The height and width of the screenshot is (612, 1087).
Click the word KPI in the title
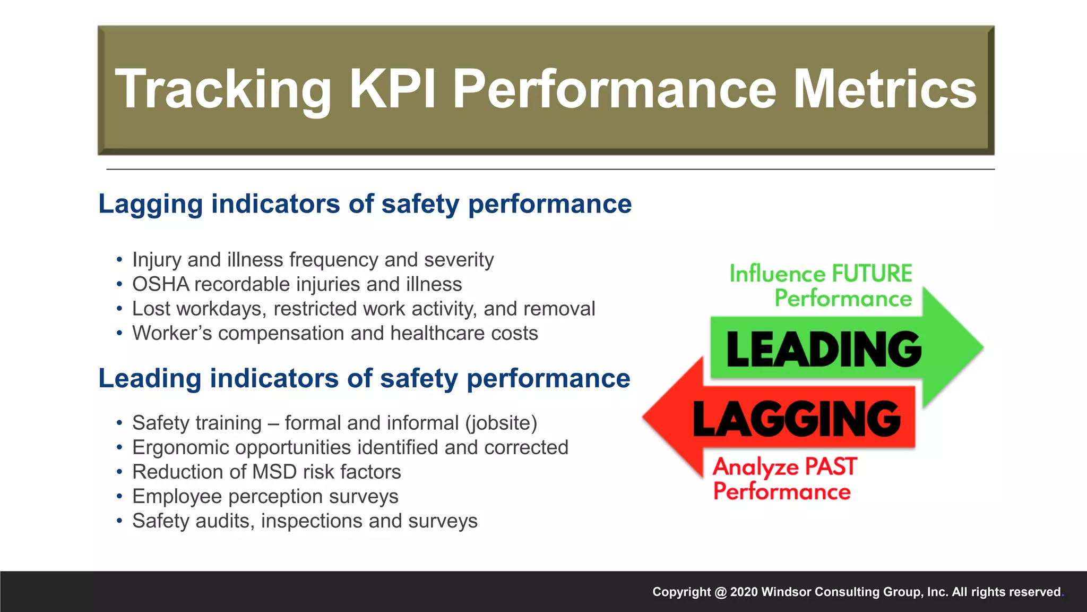pyautogui.click(x=392, y=89)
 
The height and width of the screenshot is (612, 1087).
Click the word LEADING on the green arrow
pyautogui.click(x=823, y=349)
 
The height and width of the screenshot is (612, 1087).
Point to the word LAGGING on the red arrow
pyautogui.click(x=797, y=419)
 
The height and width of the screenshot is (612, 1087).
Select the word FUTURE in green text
pyautogui.click(x=872, y=274)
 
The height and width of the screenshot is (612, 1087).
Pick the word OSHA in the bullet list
pyautogui.click(x=160, y=284)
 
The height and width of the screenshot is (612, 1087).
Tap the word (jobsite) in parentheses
pyautogui.click(x=501, y=423)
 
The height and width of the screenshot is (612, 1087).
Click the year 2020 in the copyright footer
pyautogui.click(x=744, y=592)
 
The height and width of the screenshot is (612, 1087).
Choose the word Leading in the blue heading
pyautogui.click(x=150, y=379)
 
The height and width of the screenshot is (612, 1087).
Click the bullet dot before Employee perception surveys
pyautogui.click(x=119, y=497)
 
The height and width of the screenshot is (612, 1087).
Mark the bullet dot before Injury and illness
pyautogui.click(x=119, y=260)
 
